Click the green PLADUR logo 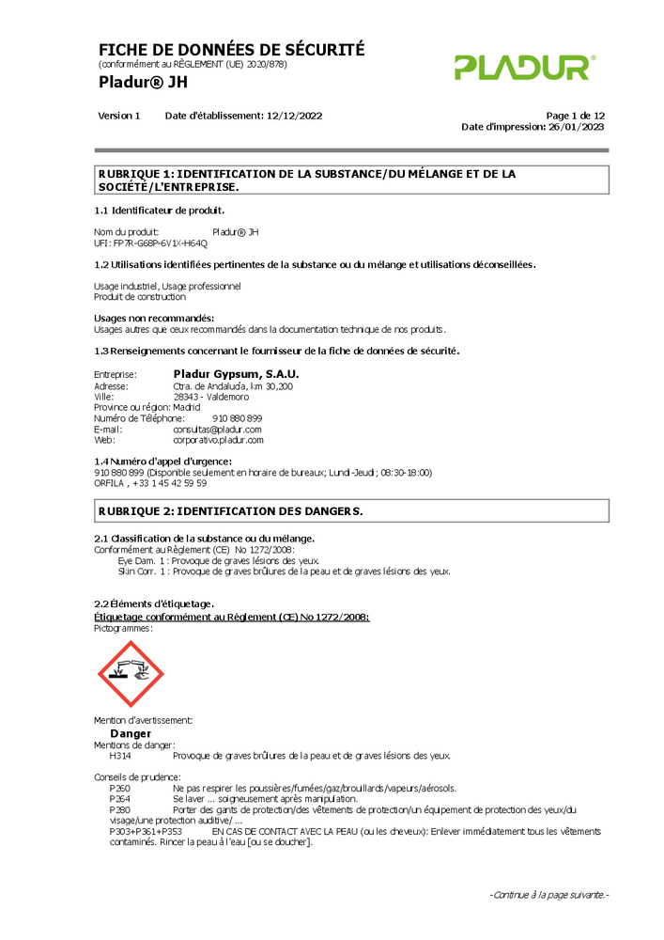523,67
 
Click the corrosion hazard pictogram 131,674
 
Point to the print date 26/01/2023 576,127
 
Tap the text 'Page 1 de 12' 575,116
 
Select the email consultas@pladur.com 217,429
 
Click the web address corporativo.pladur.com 218,440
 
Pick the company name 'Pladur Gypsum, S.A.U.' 236,374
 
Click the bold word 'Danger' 131,733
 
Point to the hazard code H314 120,755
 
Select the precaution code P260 120,788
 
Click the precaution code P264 120,798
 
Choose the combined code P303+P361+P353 146,832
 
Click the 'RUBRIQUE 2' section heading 230,510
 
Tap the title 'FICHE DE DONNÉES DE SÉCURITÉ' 231,50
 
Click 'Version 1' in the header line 118,116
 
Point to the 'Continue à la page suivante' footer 549,895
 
